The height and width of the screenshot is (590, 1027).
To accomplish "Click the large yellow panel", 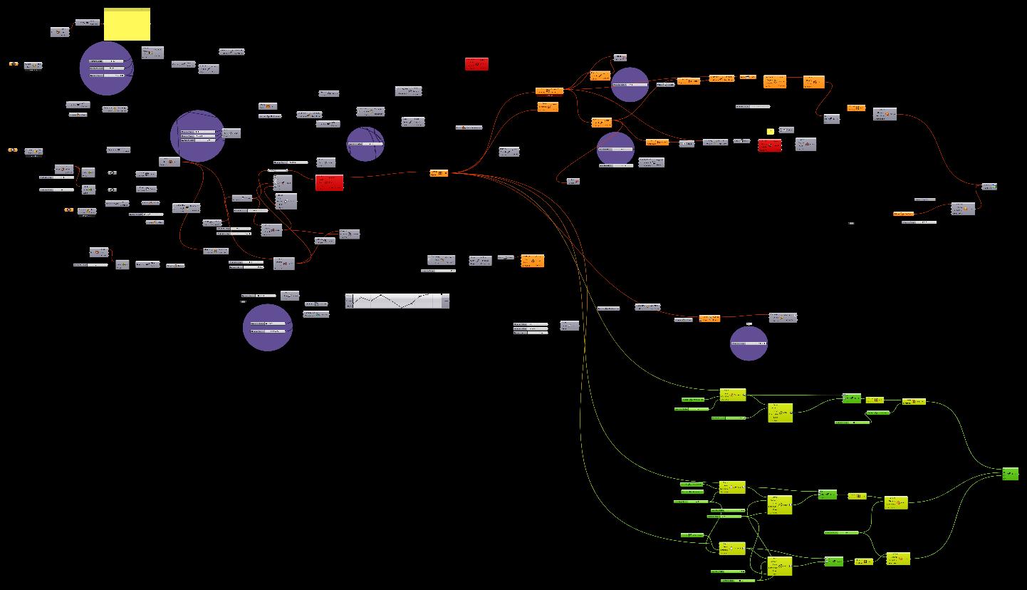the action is (x=127, y=25).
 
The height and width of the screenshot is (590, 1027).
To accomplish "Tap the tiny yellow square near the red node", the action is (x=770, y=131).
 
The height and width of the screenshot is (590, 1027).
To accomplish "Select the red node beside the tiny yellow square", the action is (x=769, y=145).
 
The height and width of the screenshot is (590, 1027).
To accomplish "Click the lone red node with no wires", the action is (x=476, y=64).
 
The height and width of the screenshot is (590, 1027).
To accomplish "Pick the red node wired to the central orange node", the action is (x=329, y=182).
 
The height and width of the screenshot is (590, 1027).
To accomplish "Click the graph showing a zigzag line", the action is (x=397, y=301).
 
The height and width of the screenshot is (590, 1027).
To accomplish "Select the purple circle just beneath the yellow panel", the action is (x=106, y=68).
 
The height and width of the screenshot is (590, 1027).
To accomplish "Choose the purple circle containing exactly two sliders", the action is (x=267, y=328).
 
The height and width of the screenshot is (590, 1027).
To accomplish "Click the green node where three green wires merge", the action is (x=1010, y=473).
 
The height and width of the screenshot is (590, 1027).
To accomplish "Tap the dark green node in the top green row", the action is (x=851, y=398).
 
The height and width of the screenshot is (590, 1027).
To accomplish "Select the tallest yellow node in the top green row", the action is (x=780, y=413).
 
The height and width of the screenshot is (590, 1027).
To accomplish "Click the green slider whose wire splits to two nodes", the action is (x=843, y=532).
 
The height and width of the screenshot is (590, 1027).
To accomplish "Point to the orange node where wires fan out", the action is (x=439, y=172).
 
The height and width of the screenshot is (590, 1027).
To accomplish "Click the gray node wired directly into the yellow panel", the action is (x=87, y=23).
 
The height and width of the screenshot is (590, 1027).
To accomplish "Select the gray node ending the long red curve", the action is (x=989, y=187).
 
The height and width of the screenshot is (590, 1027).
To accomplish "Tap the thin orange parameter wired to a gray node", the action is (x=904, y=214).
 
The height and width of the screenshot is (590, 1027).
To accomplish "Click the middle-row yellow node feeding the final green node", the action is (x=896, y=502).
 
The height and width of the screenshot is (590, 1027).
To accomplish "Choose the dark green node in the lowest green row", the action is (x=833, y=561).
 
